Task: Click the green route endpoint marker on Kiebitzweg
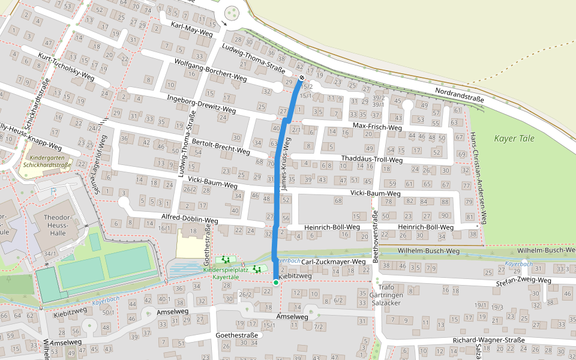(x=275, y=282)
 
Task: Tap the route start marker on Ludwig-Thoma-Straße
(x=302, y=78)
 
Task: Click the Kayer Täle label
(x=514, y=139)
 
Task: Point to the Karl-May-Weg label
(x=192, y=29)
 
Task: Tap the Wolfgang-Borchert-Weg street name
(x=211, y=70)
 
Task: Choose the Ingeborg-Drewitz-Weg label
(x=201, y=104)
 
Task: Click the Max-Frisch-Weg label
(x=377, y=127)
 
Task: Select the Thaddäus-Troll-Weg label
(x=371, y=160)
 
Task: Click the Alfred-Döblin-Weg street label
(x=190, y=218)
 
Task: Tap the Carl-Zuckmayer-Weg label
(x=333, y=262)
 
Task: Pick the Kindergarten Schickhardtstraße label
(x=47, y=161)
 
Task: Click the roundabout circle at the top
(x=232, y=14)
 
